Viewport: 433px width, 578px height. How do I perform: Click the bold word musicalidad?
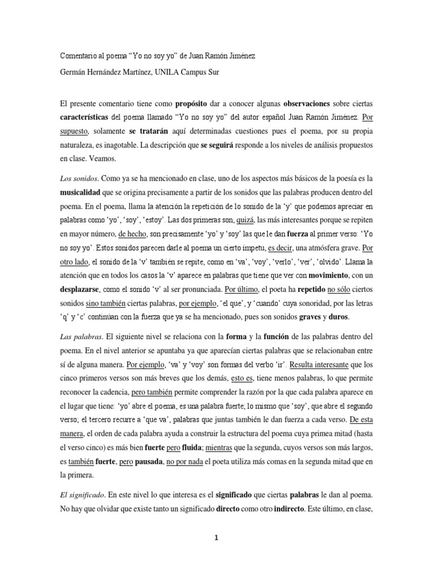point(83,192)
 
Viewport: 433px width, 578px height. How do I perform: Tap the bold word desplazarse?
point(83,290)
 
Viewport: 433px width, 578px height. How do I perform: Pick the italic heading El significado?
point(82,494)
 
